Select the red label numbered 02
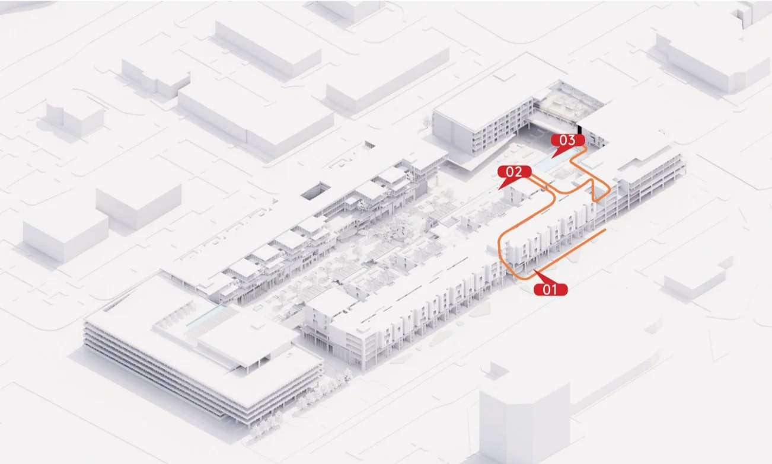514,172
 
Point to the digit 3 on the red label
572,140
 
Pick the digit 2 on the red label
518,172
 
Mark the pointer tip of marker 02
500,188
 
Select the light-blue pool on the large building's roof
205,316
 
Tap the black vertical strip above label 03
579,130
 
